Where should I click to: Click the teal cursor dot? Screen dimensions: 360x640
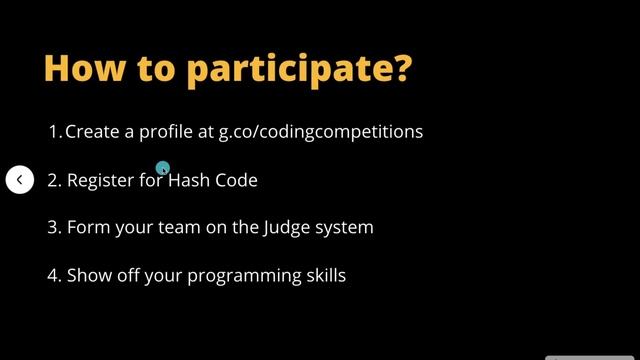[162, 169]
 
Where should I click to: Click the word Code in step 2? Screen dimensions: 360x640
[236, 180]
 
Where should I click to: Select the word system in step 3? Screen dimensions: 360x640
[345, 228]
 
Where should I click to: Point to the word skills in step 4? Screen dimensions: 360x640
[324, 275]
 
